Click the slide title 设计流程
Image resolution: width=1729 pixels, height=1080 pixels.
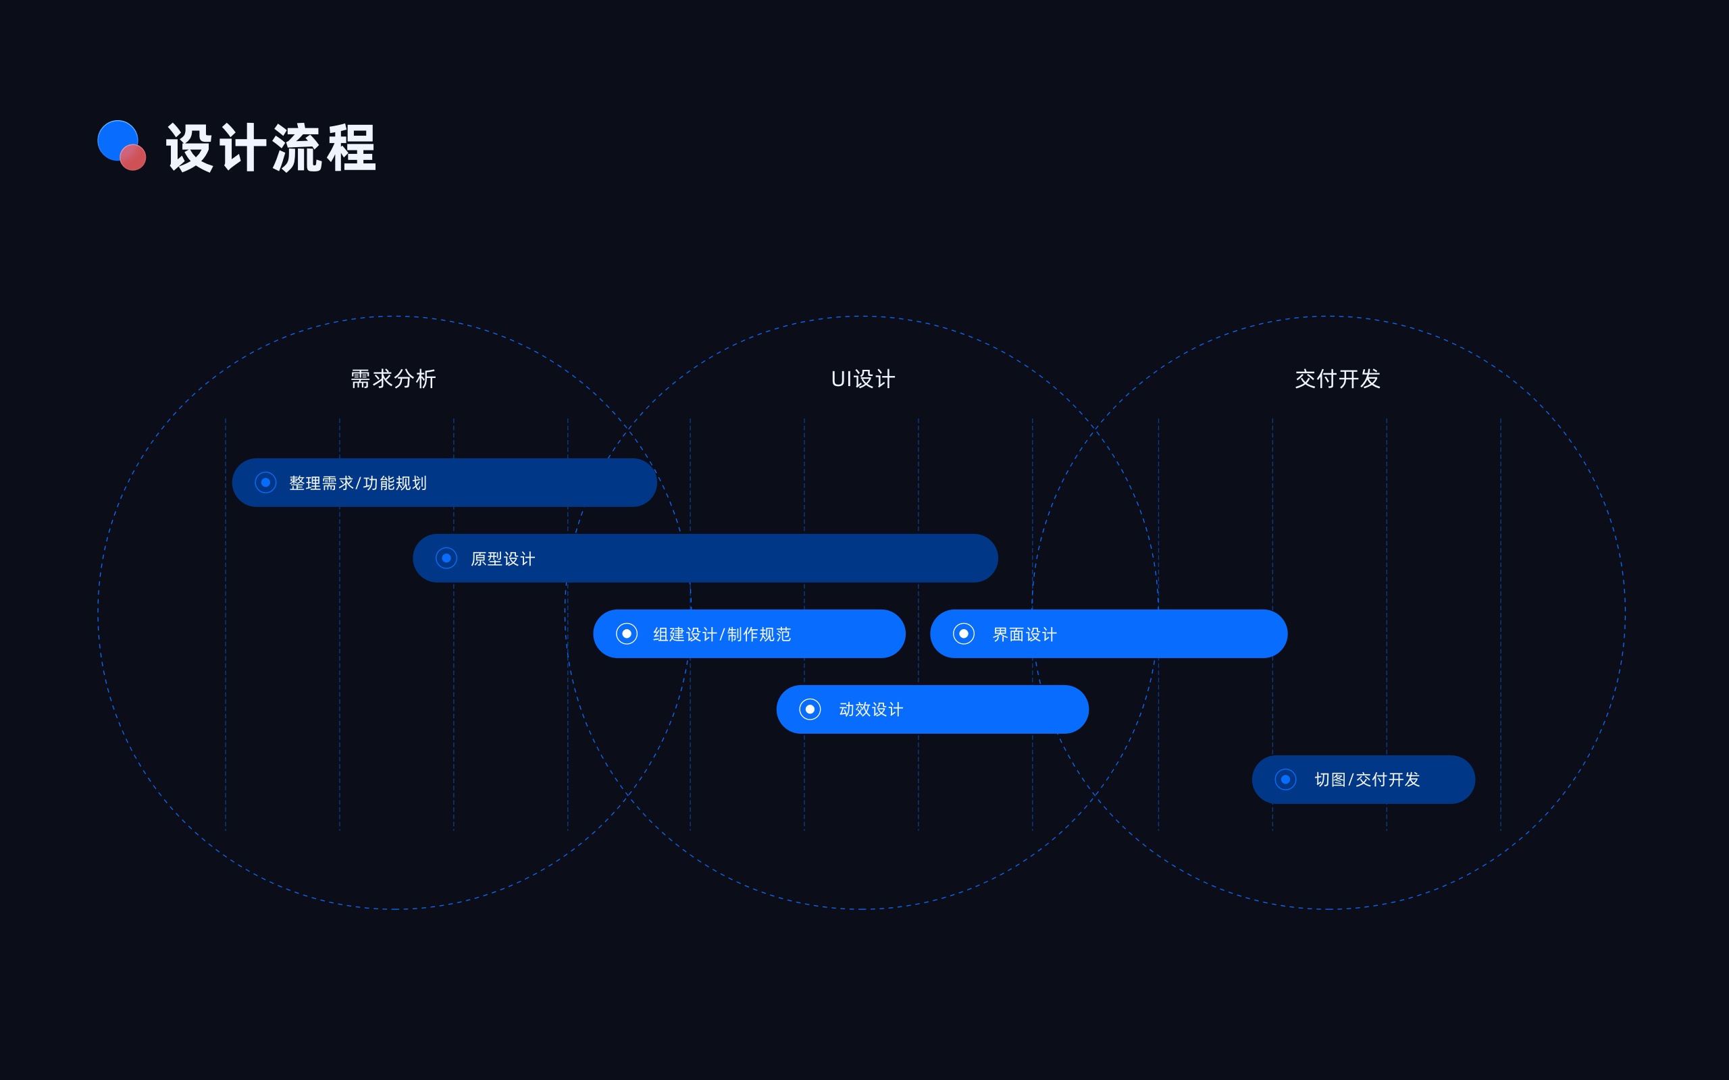271,148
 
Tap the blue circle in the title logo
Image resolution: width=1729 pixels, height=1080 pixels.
114,137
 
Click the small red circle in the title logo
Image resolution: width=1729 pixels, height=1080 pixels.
133,157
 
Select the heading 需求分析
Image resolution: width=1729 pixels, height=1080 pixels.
393,379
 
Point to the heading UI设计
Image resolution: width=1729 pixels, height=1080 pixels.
862,379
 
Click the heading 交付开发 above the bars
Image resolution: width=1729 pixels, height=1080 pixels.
1337,379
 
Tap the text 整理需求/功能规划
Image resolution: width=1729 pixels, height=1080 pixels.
358,483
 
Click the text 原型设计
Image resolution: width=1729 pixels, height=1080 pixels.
503,559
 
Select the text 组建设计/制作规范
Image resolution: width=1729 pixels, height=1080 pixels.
721,634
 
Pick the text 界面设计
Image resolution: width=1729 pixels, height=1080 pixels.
1025,634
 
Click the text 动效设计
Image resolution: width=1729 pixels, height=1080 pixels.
871,709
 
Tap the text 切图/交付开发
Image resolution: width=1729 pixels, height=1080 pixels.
1367,779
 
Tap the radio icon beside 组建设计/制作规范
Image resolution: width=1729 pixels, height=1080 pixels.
627,634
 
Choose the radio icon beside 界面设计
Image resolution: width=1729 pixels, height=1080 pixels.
964,634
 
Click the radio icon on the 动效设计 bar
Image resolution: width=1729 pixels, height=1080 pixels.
810,709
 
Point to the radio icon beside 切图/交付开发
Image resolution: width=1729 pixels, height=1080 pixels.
1285,779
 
